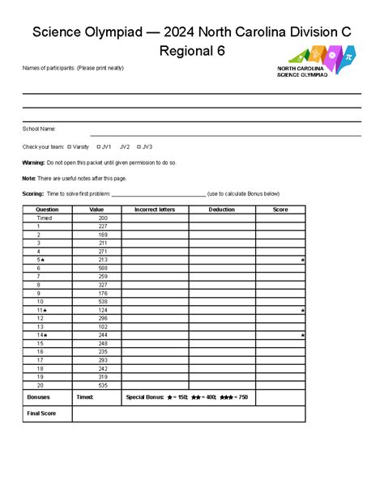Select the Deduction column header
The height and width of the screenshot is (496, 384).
tap(222, 210)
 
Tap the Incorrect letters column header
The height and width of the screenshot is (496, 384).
tap(155, 210)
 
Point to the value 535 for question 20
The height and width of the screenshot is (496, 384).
tap(103, 386)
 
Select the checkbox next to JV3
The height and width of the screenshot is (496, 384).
tap(139, 147)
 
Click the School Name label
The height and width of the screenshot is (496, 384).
tap(38, 129)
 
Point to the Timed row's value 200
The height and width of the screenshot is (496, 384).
tap(103, 218)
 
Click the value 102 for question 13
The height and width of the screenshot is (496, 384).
tap(103, 327)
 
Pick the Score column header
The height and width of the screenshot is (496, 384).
tap(280, 210)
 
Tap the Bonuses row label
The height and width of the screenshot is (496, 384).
tap(38, 398)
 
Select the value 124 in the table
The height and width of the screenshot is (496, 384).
tap(103, 310)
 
